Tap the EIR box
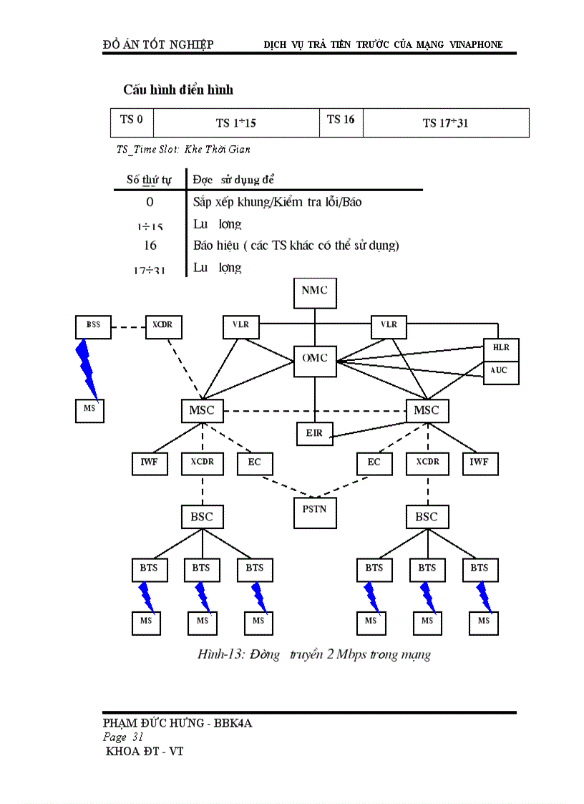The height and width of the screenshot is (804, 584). pyautogui.click(x=315, y=434)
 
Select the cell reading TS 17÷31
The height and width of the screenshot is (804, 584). pyautogui.click(x=445, y=122)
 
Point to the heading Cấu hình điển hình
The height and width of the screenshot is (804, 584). pyautogui.click(x=178, y=90)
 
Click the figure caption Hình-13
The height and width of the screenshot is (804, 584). pyautogui.click(x=314, y=654)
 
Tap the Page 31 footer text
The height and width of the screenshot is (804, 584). pyautogui.click(x=124, y=737)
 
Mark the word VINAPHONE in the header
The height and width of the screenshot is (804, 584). pyautogui.click(x=476, y=44)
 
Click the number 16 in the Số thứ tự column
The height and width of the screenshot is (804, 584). pyautogui.click(x=150, y=246)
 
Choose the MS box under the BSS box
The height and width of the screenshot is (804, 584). pyautogui.click(x=89, y=410)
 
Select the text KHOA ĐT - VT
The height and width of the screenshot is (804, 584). pyautogui.click(x=145, y=752)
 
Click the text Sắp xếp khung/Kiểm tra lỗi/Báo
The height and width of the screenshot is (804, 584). pyautogui.click(x=277, y=202)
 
